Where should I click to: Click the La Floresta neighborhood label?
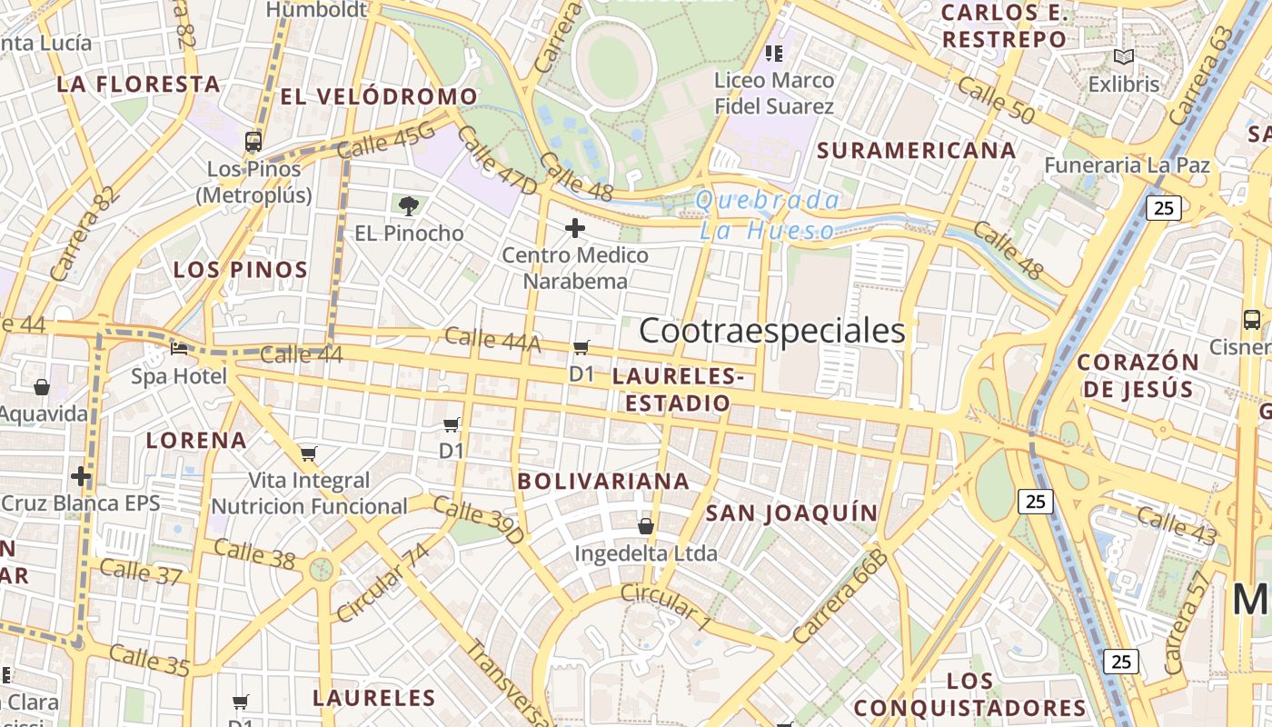point(138,85)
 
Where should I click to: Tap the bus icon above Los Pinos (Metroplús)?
point(253,142)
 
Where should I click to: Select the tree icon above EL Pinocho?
point(409,205)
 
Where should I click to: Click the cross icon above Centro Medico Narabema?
point(575,228)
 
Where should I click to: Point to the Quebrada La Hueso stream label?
point(768,215)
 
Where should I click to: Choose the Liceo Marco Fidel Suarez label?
point(774,94)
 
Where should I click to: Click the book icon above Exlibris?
point(1124,57)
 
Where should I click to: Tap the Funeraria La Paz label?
point(1127,165)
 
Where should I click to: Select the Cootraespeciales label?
point(772,331)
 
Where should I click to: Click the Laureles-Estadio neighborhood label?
point(677,390)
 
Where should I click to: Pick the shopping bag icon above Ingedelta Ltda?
point(646,525)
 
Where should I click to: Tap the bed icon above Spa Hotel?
point(180,348)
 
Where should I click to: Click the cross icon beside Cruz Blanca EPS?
point(81,476)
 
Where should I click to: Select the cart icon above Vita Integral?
point(309,453)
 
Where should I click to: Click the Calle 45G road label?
point(386,142)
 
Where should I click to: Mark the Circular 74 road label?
point(383,583)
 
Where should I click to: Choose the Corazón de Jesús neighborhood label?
point(1138,375)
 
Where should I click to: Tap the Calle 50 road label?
point(996,100)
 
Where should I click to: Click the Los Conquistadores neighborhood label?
point(969,694)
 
